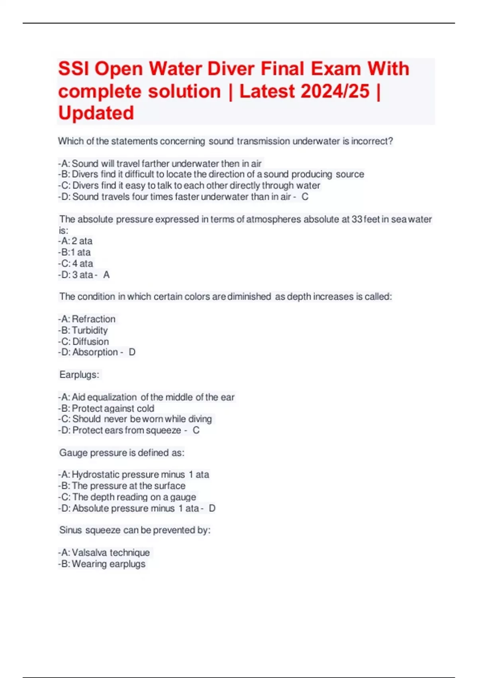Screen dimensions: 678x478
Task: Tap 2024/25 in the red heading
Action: pyautogui.click(x=335, y=91)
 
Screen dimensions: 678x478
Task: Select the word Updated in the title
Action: pyautogui.click(x=96, y=113)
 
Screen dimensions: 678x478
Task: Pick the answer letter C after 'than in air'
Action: pyautogui.click(x=305, y=197)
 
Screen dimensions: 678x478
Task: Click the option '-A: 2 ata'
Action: pyautogui.click(x=76, y=241)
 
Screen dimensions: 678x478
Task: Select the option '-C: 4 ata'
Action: pyautogui.click(x=76, y=263)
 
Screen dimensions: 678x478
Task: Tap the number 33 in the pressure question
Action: pyautogui.click(x=357, y=219)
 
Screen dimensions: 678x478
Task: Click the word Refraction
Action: pyautogui.click(x=94, y=319)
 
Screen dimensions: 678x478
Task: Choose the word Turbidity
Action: pyautogui.click(x=90, y=330)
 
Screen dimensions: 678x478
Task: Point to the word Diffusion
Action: pyautogui.click(x=90, y=341)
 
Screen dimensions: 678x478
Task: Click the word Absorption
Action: pyautogui.click(x=95, y=352)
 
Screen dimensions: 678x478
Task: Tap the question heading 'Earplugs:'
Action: pyautogui.click(x=79, y=375)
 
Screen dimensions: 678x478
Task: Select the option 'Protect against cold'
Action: pyautogui.click(x=113, y=408)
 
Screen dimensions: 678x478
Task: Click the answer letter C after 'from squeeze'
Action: pyautogui.click(x=196, y=430)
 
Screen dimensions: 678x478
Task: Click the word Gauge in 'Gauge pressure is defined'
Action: pyautogui.click(x=73, y=453)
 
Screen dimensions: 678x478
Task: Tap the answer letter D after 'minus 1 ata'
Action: pyautogui.click(x=212, y=508)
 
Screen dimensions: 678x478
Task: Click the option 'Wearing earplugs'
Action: pyautogui.click(x=108, y=564)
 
